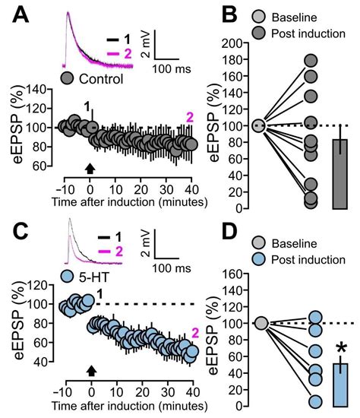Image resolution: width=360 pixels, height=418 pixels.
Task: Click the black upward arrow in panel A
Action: tap(91, 169)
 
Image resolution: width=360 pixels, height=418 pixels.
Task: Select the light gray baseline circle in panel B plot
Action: tap(258, 125)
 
